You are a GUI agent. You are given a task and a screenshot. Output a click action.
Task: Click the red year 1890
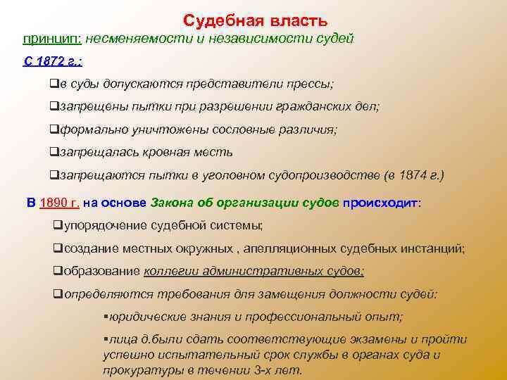(x=59, y=203)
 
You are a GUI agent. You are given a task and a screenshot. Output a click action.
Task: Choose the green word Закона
(x=172, y=203)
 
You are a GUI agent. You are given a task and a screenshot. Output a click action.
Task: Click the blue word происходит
(x=381, y=203)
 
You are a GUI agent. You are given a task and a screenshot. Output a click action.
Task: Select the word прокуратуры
(x=136, y=369)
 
